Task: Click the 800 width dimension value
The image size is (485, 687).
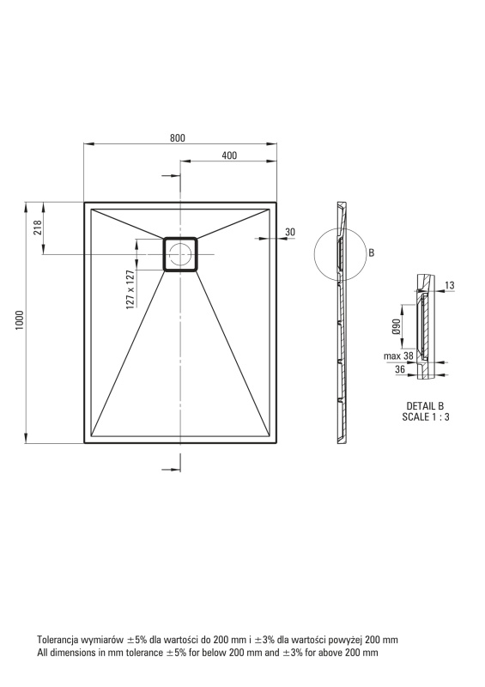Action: (178, 138)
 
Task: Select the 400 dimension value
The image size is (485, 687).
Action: (229, 155)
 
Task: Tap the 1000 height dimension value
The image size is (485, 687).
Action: (20, 320)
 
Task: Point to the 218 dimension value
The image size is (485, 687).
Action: (38, 228)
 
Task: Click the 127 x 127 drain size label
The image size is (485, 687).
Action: (130, 289)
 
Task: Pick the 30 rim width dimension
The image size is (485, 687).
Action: (290, 232)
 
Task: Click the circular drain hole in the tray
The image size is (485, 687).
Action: (180, 254)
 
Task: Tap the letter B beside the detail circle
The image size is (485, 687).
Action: (372, 252)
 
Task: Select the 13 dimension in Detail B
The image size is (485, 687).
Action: (450, 286)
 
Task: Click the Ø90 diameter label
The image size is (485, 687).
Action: (396, 326)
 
